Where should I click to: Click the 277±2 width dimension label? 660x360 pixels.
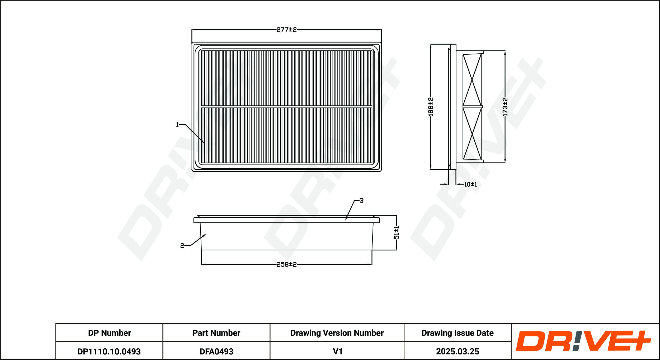[286, 30]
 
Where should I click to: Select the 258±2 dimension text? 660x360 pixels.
[286, 264]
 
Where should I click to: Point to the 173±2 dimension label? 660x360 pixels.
[505, 107]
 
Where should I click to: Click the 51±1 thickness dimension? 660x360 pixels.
[397, 233]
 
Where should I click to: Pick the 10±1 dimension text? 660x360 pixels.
[470, 184]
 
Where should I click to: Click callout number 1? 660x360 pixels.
[177, 125]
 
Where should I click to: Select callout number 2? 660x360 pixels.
[182, 246]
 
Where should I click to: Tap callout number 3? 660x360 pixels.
[361, 201]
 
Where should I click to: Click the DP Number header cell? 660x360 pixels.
[109, 333]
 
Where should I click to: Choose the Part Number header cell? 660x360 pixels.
[216, 333]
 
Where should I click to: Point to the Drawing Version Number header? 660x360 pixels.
[337, 333]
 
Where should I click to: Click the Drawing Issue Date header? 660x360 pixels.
[458, 333]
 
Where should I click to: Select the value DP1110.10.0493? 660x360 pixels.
[109, 352]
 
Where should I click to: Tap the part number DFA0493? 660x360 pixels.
[216, 352]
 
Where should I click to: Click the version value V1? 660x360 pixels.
[338, 352]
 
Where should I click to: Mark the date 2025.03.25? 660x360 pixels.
[458, 352]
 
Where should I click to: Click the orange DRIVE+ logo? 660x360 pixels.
[583, 341]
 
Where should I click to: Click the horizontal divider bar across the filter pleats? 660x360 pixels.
[286, 107]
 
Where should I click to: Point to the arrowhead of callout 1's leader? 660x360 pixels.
[204, 143]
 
